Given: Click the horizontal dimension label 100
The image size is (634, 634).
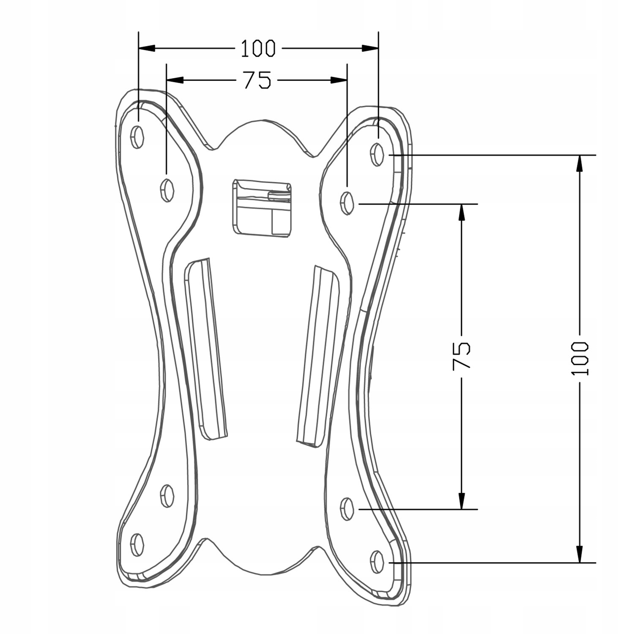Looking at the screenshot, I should click(x=258, y=49).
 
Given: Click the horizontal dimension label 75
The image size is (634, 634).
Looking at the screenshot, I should click(x=257, y=80).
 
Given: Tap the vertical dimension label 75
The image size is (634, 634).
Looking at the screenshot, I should click(x=461, y=356).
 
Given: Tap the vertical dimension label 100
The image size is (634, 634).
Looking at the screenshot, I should click(x=579, y=358).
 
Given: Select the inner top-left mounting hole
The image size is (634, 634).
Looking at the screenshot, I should click(x=167, y=190).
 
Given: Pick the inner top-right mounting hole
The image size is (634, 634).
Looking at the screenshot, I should click(x=347, y=203).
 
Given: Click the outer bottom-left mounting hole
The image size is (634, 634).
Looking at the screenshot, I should click(x=137, y=545).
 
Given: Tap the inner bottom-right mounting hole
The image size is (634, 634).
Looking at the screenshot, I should click(x=347, y=509).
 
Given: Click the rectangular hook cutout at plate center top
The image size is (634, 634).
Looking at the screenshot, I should click(x=262, y=207).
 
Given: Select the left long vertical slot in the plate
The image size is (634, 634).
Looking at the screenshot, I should click(x=206, y=349).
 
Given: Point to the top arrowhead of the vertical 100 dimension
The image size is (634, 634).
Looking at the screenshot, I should click(x=579, y=163).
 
